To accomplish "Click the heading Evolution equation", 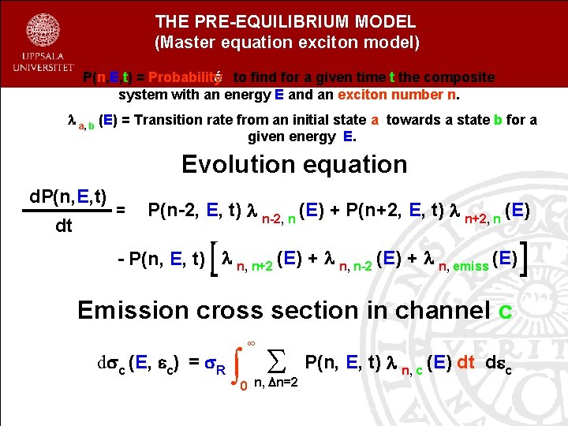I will [294, 164].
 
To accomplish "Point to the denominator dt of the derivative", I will [64, 226].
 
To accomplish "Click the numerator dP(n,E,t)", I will [69, 196].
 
